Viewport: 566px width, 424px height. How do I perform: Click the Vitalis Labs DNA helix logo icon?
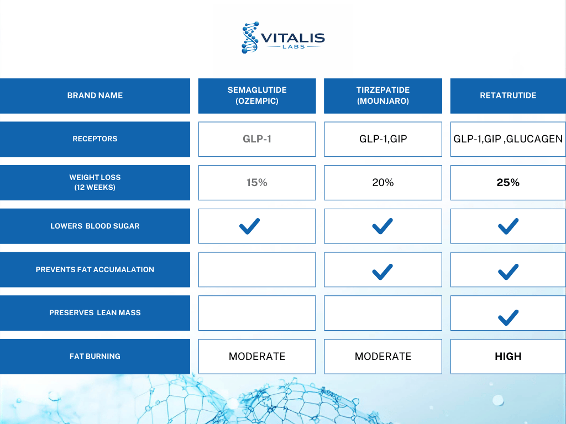[x=250, y=38]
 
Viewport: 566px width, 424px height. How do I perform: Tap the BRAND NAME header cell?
[x=95, y=96]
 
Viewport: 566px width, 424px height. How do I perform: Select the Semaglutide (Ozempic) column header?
[x=257, y=96]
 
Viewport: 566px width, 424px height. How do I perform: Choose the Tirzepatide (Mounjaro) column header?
[x=383, y=96]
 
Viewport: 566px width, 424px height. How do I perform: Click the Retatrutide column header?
[x=508, y=96]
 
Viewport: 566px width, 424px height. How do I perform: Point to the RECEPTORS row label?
[x=95, y=139]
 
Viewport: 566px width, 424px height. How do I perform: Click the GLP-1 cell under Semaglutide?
[x=257, y=139]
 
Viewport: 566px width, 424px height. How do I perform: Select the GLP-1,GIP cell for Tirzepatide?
[x=383, y=139]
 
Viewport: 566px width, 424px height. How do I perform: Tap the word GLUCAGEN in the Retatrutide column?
[x=534, y=139]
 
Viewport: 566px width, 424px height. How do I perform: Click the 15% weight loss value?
[x=256, y=182]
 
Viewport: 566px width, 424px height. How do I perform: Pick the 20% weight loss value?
[x=383, y=182]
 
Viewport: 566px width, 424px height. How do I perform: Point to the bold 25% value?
[x=508, y=182]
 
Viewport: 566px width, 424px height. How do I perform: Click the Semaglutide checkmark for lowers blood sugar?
[x=249, y=226]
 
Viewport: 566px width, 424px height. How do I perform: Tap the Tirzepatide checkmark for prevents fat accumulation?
[x=382, y=272]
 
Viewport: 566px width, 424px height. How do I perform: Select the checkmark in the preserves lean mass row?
[x=509, y=317]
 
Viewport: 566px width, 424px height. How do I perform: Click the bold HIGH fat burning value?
[x=508, y=356]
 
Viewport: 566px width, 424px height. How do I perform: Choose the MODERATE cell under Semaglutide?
[x=257, y=356]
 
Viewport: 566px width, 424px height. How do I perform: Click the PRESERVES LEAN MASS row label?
[x=95, y=313]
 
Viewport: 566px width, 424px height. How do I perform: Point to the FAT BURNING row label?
[x=95, y=356]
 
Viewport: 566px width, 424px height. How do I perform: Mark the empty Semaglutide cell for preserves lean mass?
[x=257, y=313]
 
